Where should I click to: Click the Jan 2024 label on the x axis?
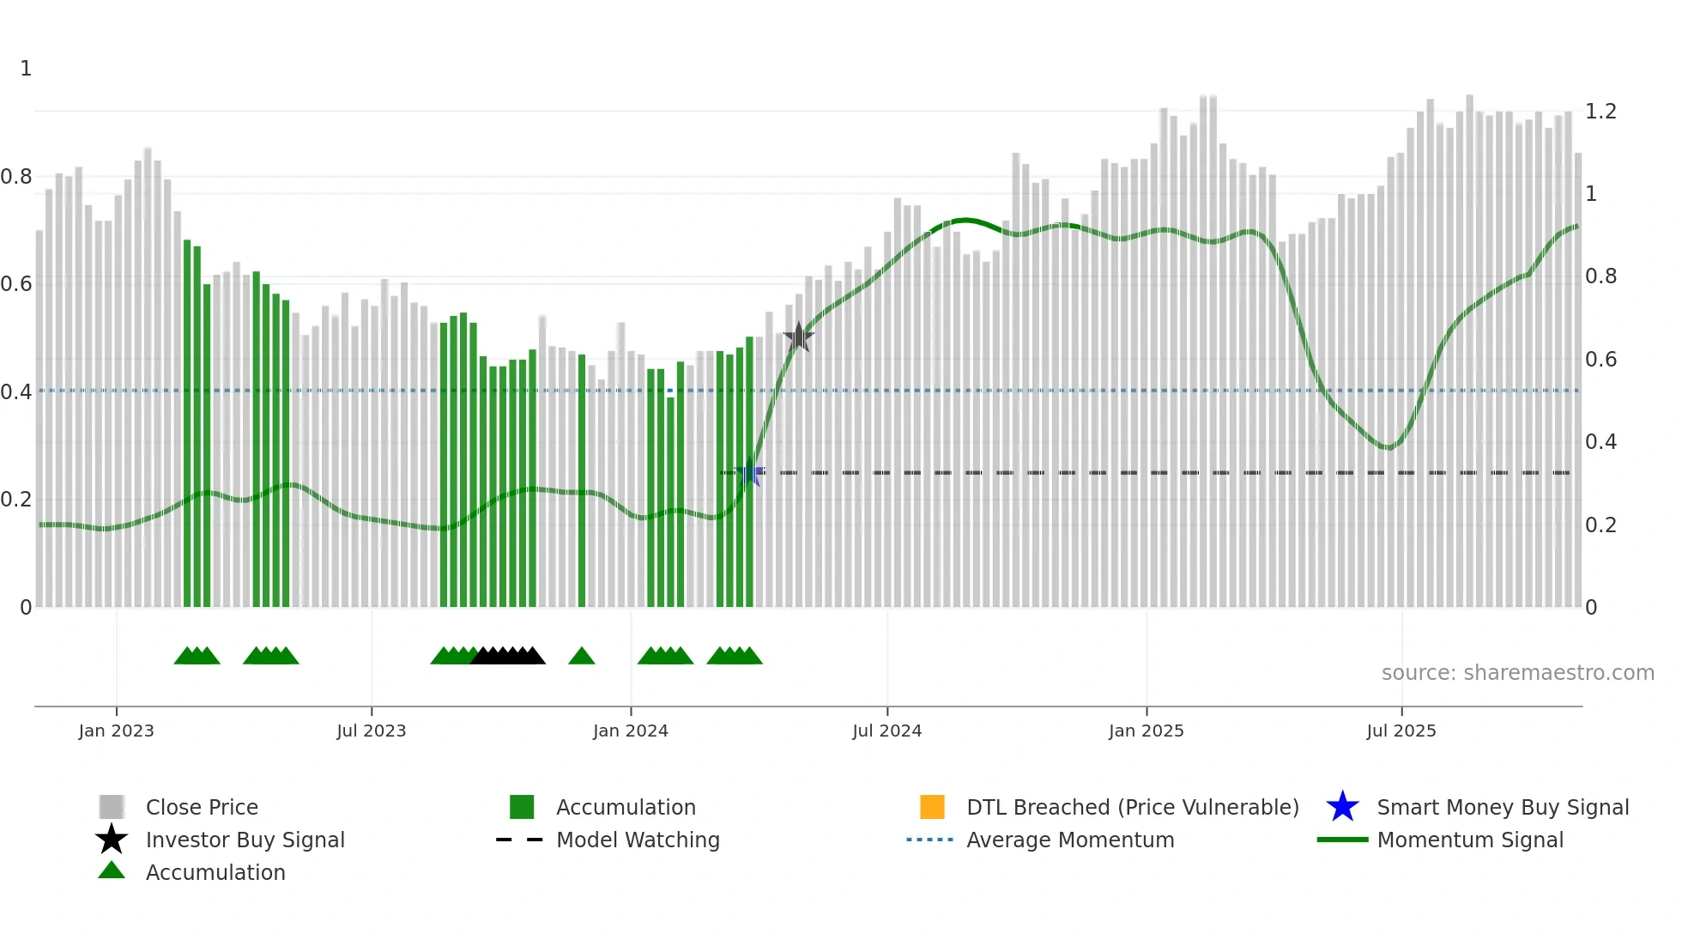tap(630, 731)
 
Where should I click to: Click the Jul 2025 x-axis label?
tap(1401, 731)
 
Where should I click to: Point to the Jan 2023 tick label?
tap(116, 731)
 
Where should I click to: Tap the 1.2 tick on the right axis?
tap(1600, 112)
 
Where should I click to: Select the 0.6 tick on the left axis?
tap(16, 284)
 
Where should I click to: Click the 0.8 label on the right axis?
tap(1600, 276)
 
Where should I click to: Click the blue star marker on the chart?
tap(750, 472)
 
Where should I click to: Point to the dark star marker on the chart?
tap(798, 337)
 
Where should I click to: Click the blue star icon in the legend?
tap(1342, 807)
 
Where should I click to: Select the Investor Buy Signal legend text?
tap(245, 840)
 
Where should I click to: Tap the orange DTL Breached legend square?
tap(932, 807)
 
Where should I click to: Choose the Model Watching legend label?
tap(638, 840)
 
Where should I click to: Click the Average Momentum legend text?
tap(1070, 840)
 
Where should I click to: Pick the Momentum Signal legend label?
tap(1470, 840)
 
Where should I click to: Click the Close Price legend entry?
tap(202, 807)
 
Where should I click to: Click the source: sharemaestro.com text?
tap(1517, 672)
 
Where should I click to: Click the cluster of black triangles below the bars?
tap(508, 656)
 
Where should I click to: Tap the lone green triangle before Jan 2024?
tap(582, 656)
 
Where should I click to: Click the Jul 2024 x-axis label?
tap(886, 731)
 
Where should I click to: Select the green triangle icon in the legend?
tap(112, 870)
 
